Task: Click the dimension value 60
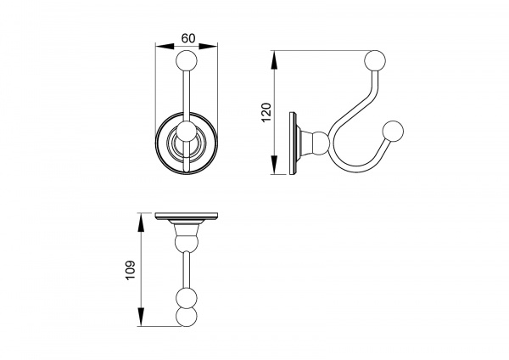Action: tap(188, 38)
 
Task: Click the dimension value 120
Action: tap(266, 112)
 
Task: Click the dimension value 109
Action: tap(130, 270)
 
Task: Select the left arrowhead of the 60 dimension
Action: tap(165, 47)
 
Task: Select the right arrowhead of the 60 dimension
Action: tap(208, 47)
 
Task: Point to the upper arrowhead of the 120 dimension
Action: tap(274, 59)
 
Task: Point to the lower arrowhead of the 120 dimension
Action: tap(274, 165)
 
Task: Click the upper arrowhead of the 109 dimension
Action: tap(141, 222)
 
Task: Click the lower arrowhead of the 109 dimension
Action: tap(141, 317)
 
